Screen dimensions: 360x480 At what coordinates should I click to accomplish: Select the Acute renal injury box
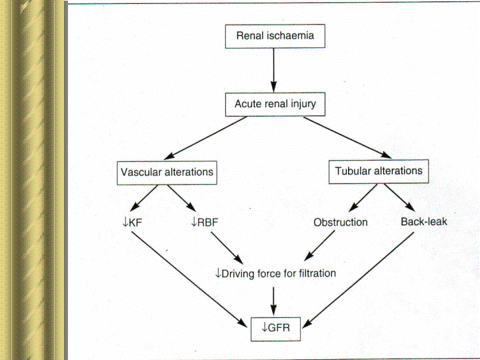275,104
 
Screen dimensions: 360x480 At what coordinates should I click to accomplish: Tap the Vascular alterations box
167,172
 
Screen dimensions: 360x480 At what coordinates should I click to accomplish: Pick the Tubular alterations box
378,171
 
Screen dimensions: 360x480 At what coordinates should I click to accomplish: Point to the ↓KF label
133,221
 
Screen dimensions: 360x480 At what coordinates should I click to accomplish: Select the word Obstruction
340,222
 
